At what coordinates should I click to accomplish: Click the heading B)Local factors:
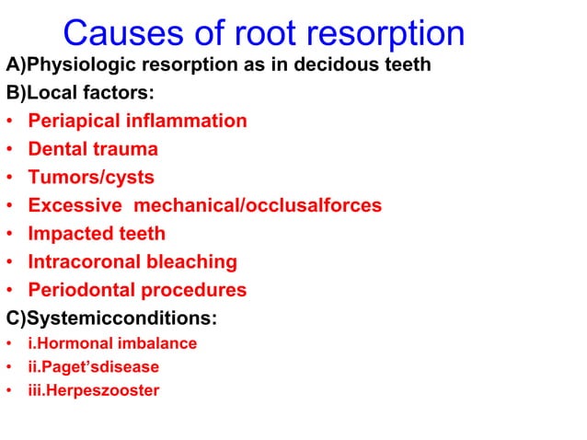[81, 93]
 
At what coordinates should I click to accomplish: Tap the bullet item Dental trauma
[93, 149]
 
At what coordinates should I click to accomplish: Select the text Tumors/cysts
[91, 178]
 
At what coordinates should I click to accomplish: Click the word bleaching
[193, 262]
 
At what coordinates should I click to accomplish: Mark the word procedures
[193, 291]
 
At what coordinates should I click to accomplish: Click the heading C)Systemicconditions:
[111, 318]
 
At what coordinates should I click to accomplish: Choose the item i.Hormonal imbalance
[112, 343]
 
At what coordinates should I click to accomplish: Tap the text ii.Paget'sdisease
[94, 366]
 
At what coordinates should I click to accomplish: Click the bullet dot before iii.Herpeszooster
[8, 391]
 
